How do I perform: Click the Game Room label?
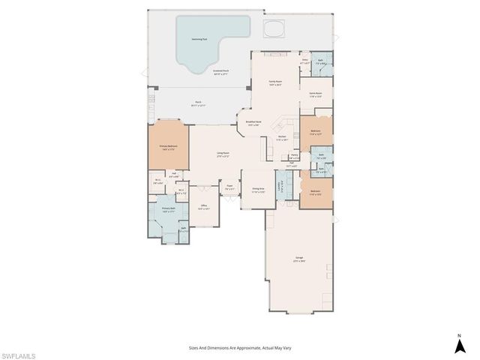[x=315, y=95]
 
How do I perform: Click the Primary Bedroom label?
[x=169, y=148]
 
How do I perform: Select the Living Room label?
[x=223, y=154]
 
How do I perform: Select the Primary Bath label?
[x=168, y=209]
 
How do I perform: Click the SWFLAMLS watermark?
[x=19, y=352]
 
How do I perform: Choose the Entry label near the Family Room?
[x=305, y=61]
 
